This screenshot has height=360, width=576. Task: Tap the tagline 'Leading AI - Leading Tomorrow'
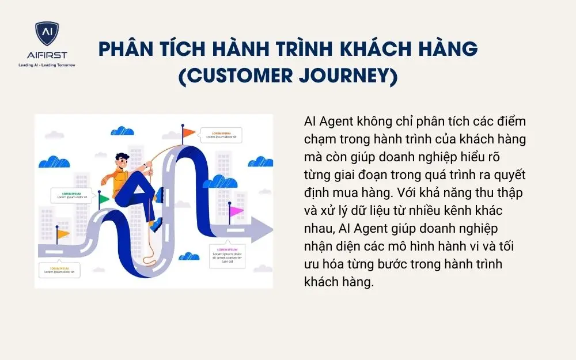pyautogui.click(x=47, y=65)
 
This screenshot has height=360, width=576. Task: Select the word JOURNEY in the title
pyautogui.click(x=345, y=76)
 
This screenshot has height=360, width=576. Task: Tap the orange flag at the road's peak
pyautogui.click(x=188, y=133)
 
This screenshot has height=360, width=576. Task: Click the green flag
pyautogui.click(x=104, y=199)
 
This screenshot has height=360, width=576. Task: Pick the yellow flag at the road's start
pyautogui.click(x=63, y=234)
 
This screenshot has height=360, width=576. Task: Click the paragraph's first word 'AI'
pyautogui.click(x=309, y=123)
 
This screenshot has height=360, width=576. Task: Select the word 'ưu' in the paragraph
pyautogui.click(x=312, y=264)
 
